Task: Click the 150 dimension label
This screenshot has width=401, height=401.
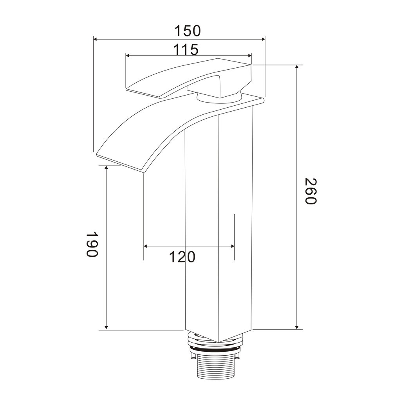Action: click(188, 31)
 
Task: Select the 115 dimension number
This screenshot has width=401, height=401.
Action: click(186, 49)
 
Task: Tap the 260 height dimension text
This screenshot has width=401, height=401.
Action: click(311, 191)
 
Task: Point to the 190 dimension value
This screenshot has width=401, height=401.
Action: click(92, 244)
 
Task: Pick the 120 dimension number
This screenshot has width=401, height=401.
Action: click(182, 257)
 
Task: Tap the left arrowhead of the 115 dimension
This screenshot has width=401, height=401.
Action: click(128, 56)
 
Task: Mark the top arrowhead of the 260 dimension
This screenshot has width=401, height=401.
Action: click(297, 67)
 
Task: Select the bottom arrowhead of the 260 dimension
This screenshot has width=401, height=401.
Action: click(297, 327)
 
